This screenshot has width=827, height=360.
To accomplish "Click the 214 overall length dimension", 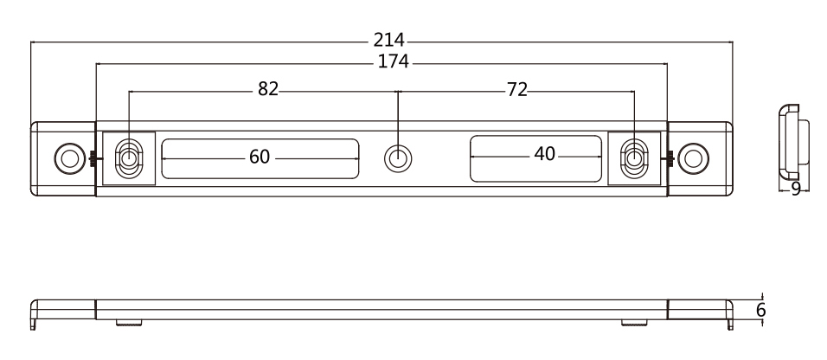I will pos(389,40).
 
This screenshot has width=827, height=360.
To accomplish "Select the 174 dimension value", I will pos(394,62).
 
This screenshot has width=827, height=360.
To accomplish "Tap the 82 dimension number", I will pos(268,90).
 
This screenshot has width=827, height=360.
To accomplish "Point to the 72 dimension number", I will pos(517,90).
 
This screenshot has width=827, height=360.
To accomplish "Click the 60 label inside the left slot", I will pos(260,157).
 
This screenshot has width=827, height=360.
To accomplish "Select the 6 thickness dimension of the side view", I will pos(760,310).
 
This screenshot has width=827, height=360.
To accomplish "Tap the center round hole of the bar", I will pos(397,158).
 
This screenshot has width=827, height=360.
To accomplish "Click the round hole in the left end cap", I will pos(67,157).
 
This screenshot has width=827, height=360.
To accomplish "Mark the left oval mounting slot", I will pos(129,158).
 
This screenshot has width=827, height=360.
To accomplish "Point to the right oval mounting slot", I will pos(634,158).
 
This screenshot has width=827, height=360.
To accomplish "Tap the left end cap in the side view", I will pos(62,310).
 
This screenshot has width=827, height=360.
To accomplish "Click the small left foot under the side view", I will pos(128,324).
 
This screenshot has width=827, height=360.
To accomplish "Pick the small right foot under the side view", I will pos(633,324).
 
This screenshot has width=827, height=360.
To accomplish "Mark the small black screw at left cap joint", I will pos(91,157).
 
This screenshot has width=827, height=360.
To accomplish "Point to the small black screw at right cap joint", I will pos(670,157).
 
